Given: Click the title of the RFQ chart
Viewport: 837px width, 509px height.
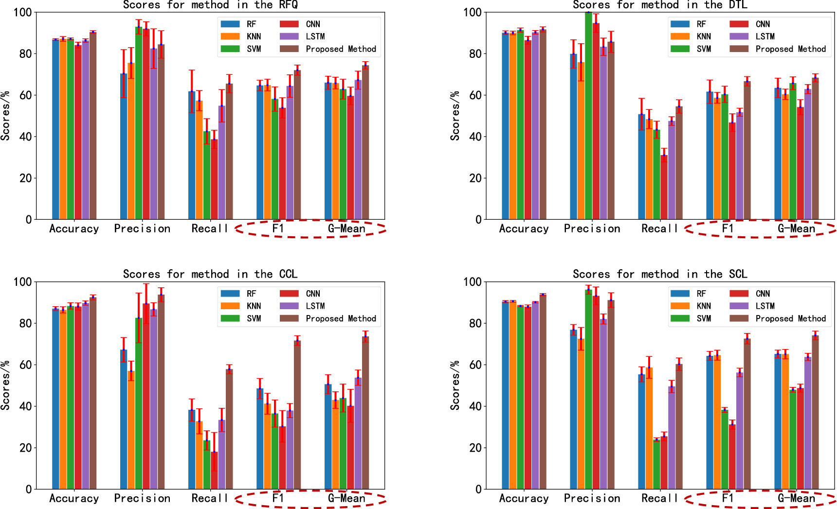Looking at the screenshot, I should (x=210, y=5).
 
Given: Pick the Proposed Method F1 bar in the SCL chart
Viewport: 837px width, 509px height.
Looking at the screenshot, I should (x=747, y=414).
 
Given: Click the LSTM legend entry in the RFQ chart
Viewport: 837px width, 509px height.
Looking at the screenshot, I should (x=315, y=36).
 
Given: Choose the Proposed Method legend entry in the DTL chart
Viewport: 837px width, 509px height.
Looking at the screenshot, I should (x=790, y=49).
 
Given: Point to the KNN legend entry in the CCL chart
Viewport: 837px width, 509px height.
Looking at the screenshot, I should (x=254, y=306).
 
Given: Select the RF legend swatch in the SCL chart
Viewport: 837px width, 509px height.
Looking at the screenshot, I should (x=680, y=294).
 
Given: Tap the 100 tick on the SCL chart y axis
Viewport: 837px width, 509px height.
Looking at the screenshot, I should (x=472, y=282).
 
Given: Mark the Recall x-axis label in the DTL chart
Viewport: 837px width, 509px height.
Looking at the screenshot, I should (x=659, y=228).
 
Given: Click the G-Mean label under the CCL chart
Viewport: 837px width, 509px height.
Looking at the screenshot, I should (x=346, y=498).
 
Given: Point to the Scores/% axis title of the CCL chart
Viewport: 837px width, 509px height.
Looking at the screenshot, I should (x=6, y=385).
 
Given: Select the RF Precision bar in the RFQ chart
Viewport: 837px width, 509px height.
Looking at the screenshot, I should (x=124, y=146).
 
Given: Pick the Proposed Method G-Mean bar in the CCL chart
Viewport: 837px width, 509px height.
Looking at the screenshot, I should (x=365, y=413).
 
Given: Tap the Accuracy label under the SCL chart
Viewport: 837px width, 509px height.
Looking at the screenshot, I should (x=524, y=498).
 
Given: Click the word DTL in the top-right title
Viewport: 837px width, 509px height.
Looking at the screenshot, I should (x=738, y=5).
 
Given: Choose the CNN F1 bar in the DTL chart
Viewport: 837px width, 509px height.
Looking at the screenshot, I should (x=732, y=171).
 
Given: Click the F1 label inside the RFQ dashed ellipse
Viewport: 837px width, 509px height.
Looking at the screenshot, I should (x=278, y=228).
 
